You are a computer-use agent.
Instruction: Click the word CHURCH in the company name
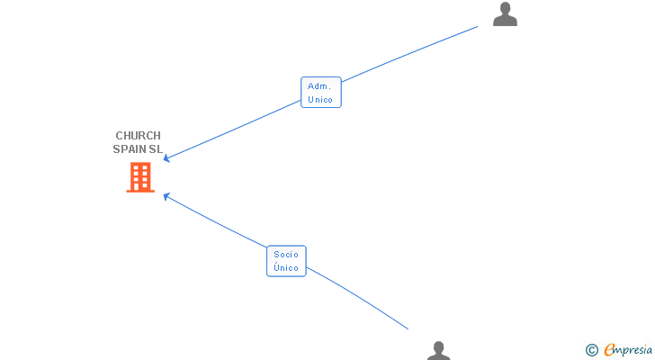point(138,136)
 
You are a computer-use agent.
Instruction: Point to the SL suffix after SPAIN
point(156,149)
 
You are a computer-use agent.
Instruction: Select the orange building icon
point(139,177)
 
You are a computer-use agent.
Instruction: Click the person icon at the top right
point(505,14)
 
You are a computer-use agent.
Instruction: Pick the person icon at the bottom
point(438,351)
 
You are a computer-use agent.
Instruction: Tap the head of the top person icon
point(505,9)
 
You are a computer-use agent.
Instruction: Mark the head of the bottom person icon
point(438,346)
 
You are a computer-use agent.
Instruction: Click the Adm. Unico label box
point(320,93)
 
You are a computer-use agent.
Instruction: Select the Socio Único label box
point(286,261)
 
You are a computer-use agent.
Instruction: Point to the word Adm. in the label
point(319,86)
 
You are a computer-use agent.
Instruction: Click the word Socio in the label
point(286,255)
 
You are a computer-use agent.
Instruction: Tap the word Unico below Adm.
point(320,99)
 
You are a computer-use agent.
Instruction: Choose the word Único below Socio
point(286,268)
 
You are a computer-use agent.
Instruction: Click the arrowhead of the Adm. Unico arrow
point(166,159)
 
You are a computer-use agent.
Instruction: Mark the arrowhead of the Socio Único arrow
point(166,194)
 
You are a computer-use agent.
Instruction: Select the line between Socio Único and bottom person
point(360,298)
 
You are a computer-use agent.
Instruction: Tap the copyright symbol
point(592,349)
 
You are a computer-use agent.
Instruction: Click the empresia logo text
point(629,349)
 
